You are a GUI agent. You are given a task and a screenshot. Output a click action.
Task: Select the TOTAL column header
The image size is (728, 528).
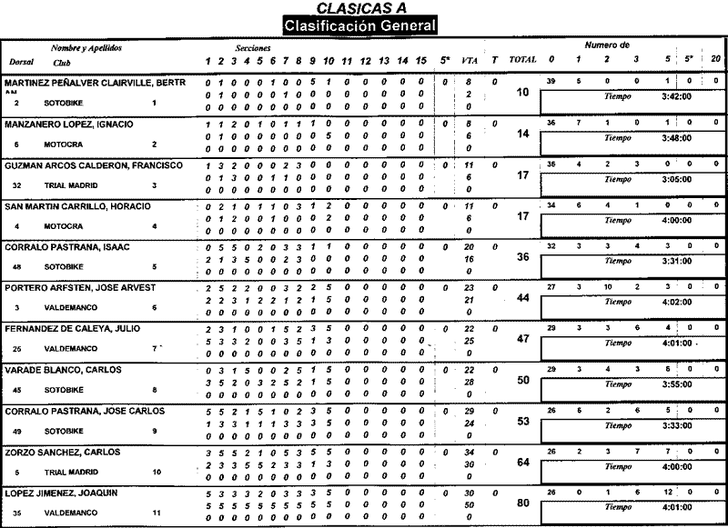pos(522,60)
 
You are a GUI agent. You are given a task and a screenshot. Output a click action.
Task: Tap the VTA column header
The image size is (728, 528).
pos(469,60)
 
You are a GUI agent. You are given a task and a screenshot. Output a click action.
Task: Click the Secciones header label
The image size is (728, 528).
pos(250,45)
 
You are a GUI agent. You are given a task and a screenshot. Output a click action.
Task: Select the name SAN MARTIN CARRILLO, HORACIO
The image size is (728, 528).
pos(77,206)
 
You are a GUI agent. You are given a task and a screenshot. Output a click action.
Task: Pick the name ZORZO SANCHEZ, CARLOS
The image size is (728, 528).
pos(62,452)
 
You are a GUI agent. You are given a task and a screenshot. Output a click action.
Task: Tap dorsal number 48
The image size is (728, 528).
pos(17,267)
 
